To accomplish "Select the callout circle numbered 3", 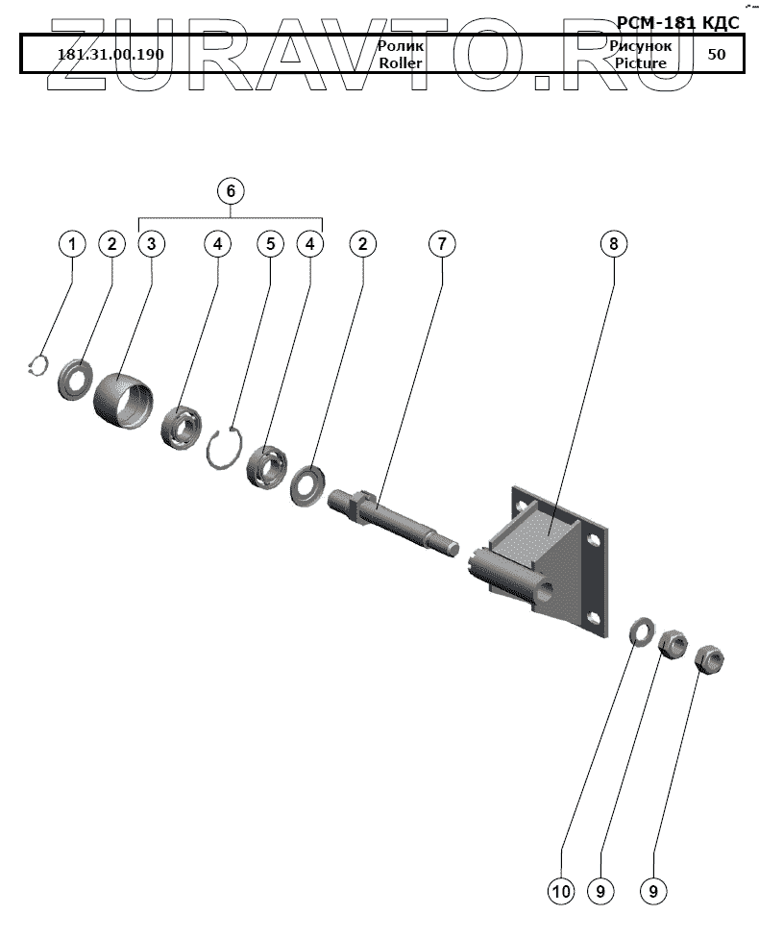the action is pos(151,244).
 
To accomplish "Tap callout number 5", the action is pos(271,244).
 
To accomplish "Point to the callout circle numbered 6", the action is pos(231,190).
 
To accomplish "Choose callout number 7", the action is pos(441,244).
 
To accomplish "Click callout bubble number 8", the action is pos(614,244).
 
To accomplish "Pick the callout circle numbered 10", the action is pos(561,892).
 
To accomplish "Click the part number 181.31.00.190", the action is pos(110,54).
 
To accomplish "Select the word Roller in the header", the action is pos(401,63).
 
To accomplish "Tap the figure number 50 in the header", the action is pos(717,54).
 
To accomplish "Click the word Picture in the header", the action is pos(641,63).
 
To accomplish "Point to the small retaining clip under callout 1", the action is pos(37,365).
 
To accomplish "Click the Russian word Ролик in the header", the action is pos(401,45).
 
